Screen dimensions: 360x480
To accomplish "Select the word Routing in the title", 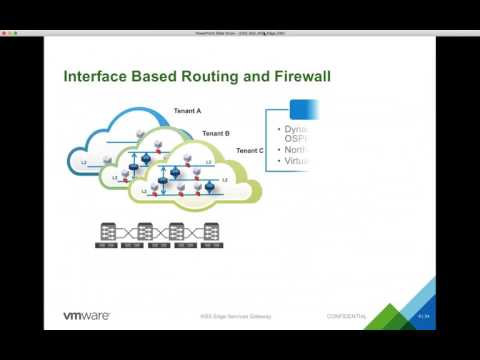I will [185, 76].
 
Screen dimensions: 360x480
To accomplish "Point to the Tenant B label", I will [216, 132].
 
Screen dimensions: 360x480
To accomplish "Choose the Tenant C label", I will [250, 150].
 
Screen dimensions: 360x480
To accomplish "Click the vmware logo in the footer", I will [87, 316].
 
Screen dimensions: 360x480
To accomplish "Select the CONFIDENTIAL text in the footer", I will [347, 317].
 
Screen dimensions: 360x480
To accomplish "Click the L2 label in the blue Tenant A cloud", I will [84, 161].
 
